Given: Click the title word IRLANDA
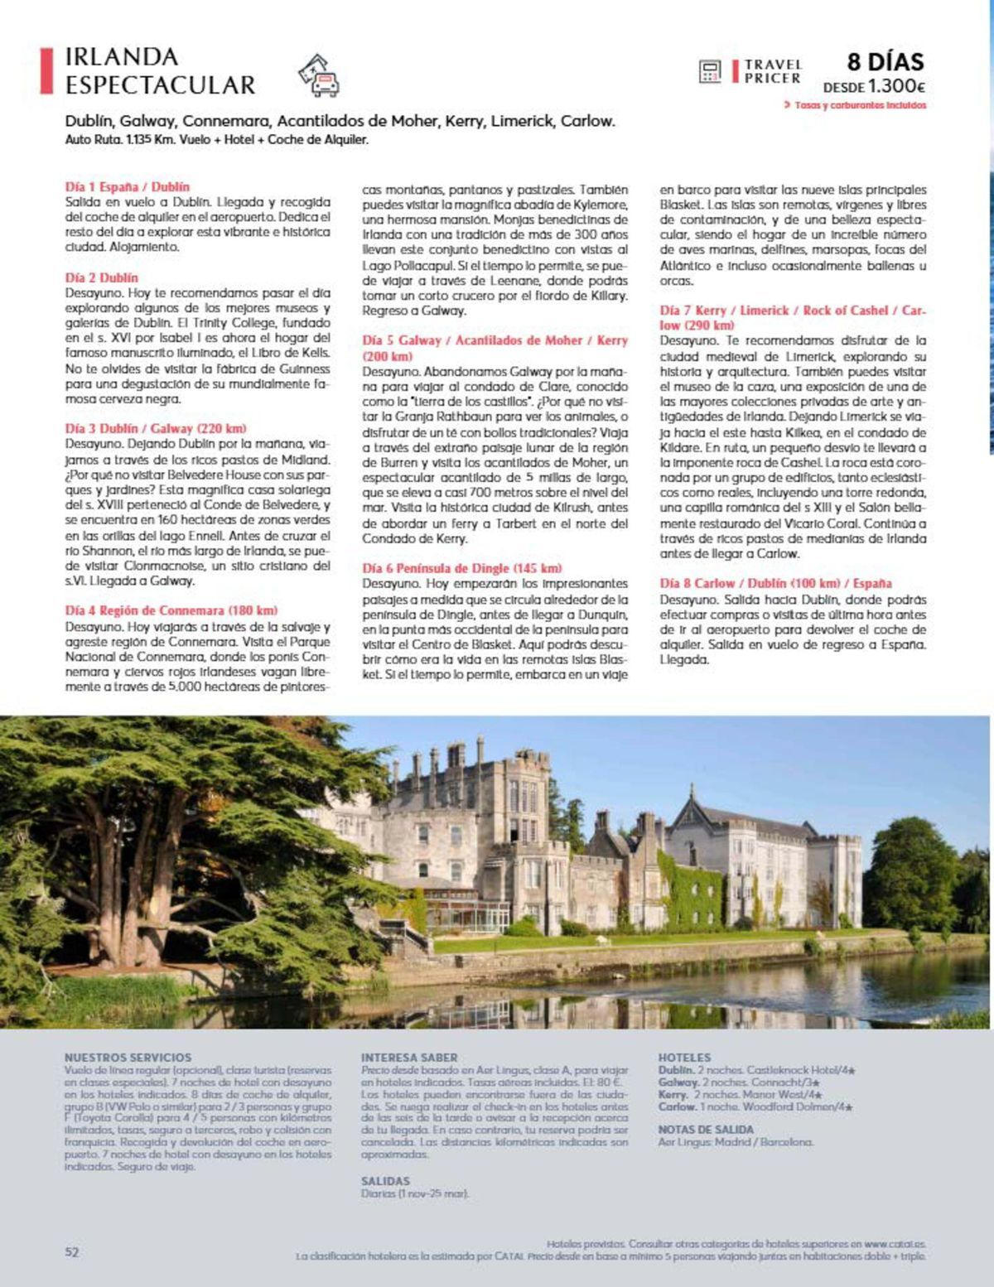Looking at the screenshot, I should (x=122, y=57).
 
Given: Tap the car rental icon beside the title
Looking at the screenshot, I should (x=319, y=75).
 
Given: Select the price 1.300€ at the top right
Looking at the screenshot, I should (x=896, y=86).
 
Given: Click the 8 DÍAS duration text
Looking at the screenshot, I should (x=885, y=61).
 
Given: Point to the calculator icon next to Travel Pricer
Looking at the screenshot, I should (x=710, y=71).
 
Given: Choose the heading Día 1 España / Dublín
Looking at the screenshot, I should (x=128, y=187).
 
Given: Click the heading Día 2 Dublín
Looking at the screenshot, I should (x=102, y=278).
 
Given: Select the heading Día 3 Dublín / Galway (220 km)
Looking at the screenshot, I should (x=156, y=429).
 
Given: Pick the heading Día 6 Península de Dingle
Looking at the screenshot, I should (x=462, y=568).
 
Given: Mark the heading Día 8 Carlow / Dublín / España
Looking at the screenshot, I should (x=775, y=583).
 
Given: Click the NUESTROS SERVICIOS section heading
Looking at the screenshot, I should (x=128, y=1058).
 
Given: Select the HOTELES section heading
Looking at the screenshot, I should (x=684, y=1058).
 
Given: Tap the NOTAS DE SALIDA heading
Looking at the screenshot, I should (x=706, y=1130).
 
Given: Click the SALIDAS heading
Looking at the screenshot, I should (x=385, y=1181).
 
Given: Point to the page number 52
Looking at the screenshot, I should (x=72, y=1252).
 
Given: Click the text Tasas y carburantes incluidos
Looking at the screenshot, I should (x=860, y=106).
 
